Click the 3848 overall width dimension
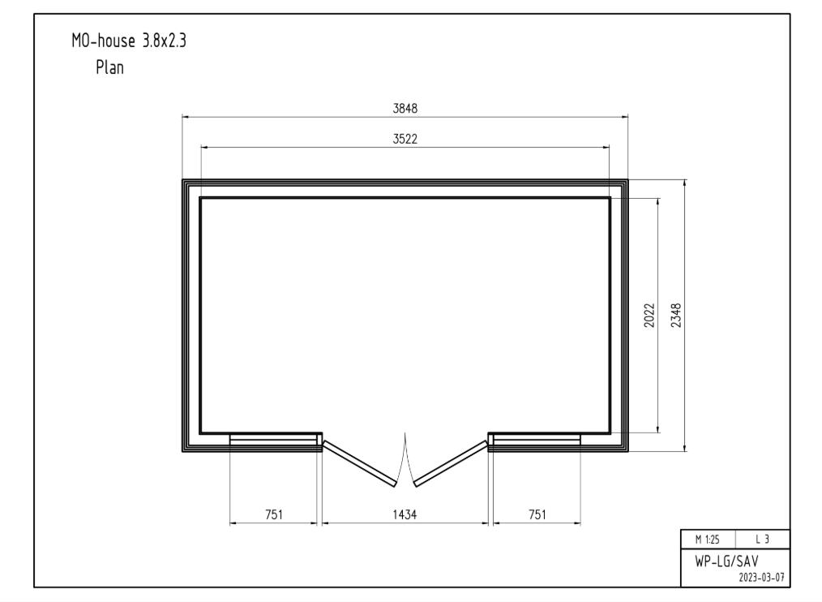405,109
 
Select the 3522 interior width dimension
405,139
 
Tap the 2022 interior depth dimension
649,316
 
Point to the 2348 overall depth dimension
677,316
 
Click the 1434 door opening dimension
405,514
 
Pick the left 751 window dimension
274,514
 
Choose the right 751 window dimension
537,514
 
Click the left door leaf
359,463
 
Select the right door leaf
451,463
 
